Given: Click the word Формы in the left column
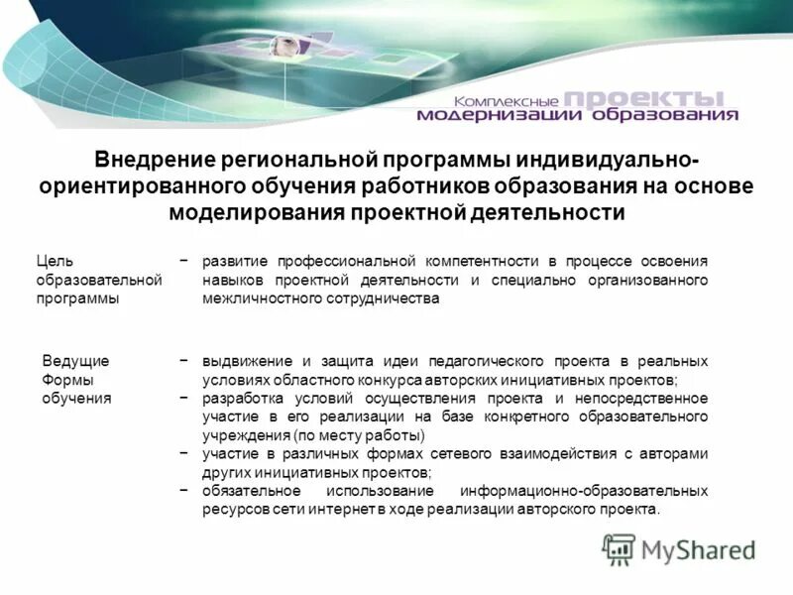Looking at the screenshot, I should tap(65, 379).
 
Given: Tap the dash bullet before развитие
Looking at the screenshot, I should tap(185, 261).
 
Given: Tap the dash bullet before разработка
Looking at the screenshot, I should tap(185, 398).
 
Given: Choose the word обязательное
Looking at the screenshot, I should tap(250, 491).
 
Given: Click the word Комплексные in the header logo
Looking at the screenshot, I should tap(508, 102).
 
